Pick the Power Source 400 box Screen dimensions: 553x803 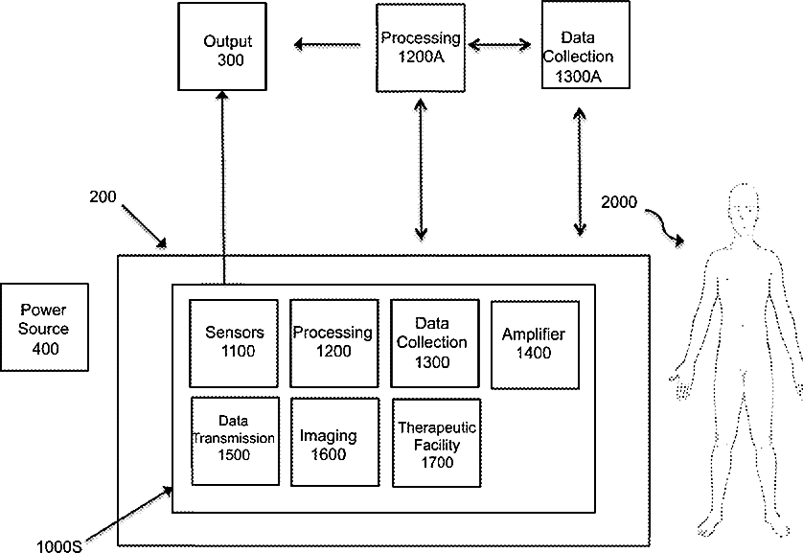(x=45, y=328)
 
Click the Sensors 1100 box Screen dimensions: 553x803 (x=234, y=341)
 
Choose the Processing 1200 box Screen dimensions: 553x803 (x=333, y=341)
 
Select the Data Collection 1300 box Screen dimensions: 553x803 (x=432, y=341)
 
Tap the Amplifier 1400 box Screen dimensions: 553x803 (x=534, y=343)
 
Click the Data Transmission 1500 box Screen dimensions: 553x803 (x=235, y=440)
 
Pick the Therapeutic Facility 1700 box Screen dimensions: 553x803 (x=436, y=446)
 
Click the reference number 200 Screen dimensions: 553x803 (x=103, y=198)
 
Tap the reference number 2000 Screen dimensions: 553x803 (x=619, y=202)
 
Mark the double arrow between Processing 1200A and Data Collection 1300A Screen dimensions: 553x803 (x=500, y=43)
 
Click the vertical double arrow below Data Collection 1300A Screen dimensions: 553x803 (x=579, y=171)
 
